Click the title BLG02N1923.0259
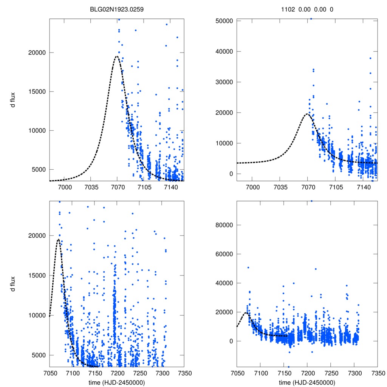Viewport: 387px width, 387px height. pos(117,9)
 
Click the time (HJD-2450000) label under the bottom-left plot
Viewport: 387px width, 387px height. pos(117,382)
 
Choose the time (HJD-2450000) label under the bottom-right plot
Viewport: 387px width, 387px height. pos(307,382)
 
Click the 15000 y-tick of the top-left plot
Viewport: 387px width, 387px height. pos(37,91)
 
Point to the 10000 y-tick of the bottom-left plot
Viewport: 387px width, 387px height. pos(37,315)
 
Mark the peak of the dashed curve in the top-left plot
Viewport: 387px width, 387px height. pos(116,56)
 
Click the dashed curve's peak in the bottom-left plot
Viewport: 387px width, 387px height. pos(58,239)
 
